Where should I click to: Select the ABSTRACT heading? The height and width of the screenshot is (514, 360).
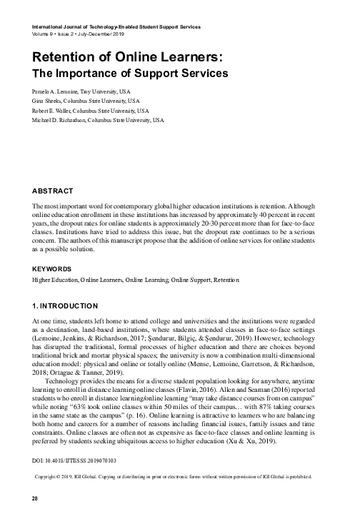53,191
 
